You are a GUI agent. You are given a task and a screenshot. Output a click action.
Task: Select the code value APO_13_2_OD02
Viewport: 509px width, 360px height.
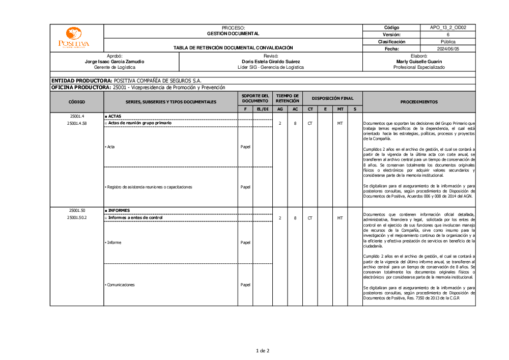point(447,27)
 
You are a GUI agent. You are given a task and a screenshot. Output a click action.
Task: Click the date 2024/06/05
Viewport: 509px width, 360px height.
point(447,49)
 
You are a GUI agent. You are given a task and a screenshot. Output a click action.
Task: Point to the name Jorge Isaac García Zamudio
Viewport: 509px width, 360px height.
point(115,61)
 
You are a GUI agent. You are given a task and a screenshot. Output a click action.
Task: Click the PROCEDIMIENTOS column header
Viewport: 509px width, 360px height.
point(418,102)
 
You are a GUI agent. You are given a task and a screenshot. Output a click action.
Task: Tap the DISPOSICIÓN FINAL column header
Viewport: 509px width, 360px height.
point(332,98)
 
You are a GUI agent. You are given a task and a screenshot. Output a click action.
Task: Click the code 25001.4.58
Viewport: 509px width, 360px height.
point(76,123)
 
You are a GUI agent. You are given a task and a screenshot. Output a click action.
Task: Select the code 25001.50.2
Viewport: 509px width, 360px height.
point(76,218)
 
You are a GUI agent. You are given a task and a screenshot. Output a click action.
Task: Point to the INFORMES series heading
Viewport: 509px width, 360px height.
point(119,210)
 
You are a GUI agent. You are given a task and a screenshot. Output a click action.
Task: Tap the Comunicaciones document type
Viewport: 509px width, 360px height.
point(121,285)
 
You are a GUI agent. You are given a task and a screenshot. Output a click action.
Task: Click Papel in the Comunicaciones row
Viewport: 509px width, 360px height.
point(245,285)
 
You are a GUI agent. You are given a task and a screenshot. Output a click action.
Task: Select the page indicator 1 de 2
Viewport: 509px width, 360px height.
point(262,350)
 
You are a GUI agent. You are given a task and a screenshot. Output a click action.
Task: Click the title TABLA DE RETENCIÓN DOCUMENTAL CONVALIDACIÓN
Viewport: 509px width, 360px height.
point(233,48)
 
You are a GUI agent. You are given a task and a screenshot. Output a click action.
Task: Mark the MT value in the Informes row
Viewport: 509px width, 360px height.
point(340,218)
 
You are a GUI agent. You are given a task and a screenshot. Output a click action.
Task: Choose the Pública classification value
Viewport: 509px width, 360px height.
point(447,42)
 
